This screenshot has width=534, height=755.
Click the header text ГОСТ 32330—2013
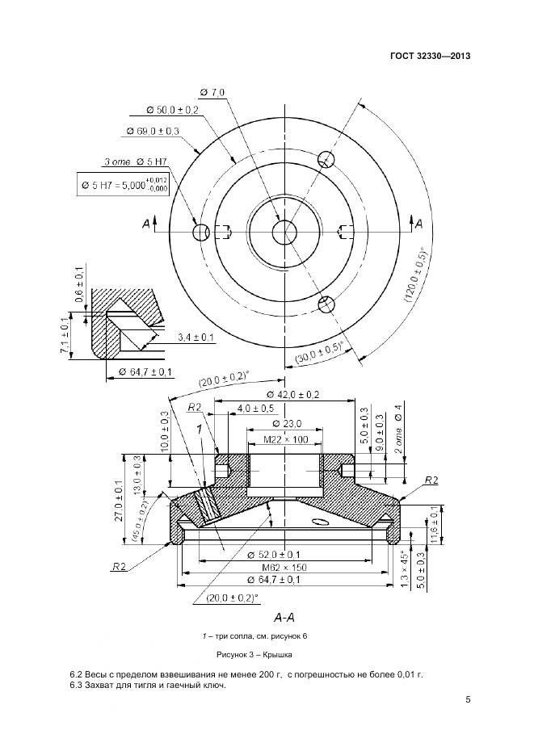(x=430, y=56)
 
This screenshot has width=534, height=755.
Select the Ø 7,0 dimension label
(x=212, y=92)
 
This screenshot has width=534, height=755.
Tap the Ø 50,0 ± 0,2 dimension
(x=172, y=111)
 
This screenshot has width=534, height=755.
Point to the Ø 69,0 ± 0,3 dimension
(x=153, y=131)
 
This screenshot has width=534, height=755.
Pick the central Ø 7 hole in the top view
(x=284, y=232)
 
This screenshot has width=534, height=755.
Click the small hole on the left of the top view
(x=200, y=233)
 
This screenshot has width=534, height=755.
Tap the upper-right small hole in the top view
(x=326, y=159)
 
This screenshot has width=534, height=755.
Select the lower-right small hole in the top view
(x=327, y=304)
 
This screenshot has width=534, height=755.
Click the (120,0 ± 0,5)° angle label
(x=416, y=275)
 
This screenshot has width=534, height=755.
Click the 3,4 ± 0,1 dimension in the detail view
(x=196, y=338)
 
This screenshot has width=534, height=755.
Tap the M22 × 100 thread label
(x=286, y=439)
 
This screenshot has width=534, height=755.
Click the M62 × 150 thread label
(x=284, y=567)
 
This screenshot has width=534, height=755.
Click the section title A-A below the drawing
(x=284, y=616)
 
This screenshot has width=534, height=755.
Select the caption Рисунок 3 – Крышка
(x=254, y=655)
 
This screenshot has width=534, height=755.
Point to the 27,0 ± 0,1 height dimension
(x=119, y=501)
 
